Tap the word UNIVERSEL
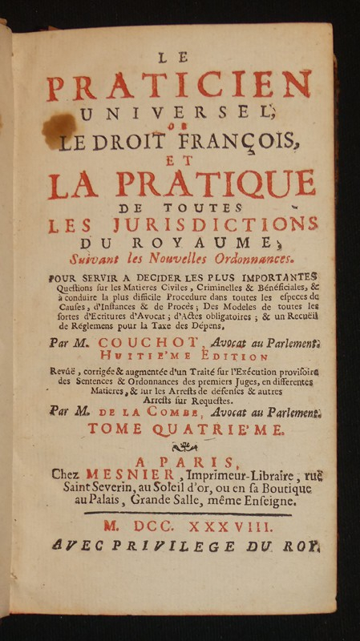[x=180, y=114]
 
